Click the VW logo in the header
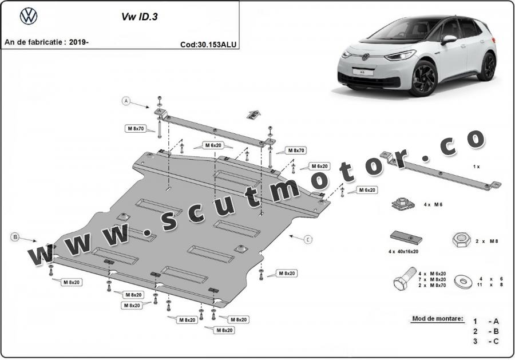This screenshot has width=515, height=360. point(28,17)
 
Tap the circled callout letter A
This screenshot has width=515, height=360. point(125,101)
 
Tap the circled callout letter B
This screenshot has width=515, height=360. point(15,236)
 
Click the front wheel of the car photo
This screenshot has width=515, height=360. point(423,78)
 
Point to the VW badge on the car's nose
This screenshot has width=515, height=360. point(365,57)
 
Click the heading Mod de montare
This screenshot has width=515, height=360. point(437,318)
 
